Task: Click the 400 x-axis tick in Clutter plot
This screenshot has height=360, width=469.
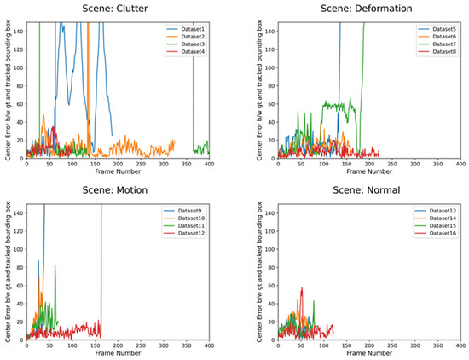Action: tap(209, 165)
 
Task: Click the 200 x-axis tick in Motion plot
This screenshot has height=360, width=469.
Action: tap(118, 345)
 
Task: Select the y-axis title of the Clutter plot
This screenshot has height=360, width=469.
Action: tap(6, 90)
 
